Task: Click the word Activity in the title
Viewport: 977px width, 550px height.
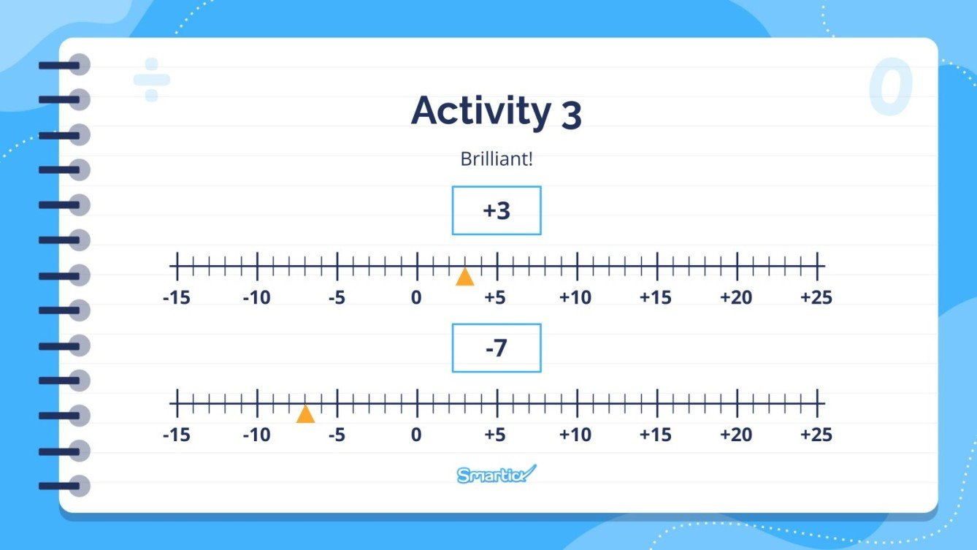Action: coord(480,112)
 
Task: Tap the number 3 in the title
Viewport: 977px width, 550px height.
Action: coord(572,115)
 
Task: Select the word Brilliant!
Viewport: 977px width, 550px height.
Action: coord(497,158)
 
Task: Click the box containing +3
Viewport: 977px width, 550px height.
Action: coord(497,210)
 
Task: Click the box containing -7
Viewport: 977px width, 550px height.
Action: coord(497,348)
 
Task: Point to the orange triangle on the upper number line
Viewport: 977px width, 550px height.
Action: coord(464,277)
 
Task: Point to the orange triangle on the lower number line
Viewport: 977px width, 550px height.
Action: coord(305,414)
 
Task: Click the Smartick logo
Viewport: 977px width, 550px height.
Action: coord(497,474)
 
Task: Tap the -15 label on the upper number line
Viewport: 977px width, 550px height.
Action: coord(176,298)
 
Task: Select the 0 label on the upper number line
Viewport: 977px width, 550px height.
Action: coord(416,298)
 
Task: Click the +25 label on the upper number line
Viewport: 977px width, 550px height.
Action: coord(816,298)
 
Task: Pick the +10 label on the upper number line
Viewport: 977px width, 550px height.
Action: coord(575,298)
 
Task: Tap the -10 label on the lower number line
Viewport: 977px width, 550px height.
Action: coord(256,435)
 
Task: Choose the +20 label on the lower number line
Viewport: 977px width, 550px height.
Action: coord(735,435)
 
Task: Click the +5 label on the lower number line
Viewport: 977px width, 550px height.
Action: coord(495,435)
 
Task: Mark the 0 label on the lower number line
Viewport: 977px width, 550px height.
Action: coord(416,435)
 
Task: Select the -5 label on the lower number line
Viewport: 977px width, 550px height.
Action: coord(336,435)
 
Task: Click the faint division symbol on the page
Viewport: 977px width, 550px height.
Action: coord(151,79)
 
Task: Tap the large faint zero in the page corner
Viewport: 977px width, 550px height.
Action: coord(891,88)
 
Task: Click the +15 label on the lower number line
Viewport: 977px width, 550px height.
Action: coord(655,435)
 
